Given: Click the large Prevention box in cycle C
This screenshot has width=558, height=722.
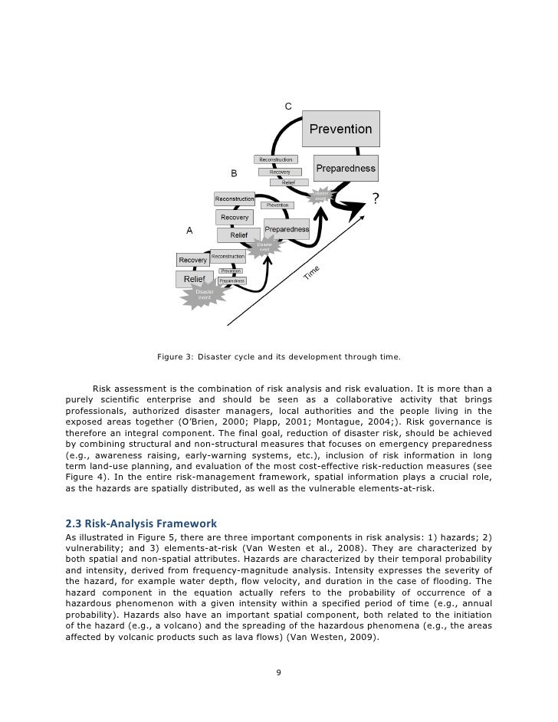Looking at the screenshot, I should coord(340,130).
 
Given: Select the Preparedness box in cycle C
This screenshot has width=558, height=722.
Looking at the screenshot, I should coord(346,168).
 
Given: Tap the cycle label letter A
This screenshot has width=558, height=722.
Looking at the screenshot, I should coord(189,230).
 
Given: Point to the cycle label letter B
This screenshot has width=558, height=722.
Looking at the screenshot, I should coord(234,172).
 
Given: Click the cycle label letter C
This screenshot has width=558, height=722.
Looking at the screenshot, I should coord(287,106).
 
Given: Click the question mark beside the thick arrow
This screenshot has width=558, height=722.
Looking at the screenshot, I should coord(375,199).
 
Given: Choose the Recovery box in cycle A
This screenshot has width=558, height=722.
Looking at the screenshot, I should coord(193,261).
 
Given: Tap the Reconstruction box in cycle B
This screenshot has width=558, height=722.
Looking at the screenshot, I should coord(235,199).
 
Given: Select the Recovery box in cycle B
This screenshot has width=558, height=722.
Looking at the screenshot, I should coord(235,218).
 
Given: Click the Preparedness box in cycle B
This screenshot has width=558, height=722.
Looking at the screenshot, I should coord(287,228).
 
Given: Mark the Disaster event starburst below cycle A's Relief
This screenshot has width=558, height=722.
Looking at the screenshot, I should coord(204,295).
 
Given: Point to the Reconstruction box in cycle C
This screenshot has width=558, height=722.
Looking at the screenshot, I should coord(276,159).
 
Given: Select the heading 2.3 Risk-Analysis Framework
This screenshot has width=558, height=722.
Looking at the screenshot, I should coord(142,523).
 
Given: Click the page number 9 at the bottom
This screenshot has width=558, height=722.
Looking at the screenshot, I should coord(278,674).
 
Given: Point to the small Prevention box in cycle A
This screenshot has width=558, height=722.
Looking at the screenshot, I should coord(231,271).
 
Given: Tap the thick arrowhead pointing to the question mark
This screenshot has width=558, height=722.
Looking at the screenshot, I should coord(355,206).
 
